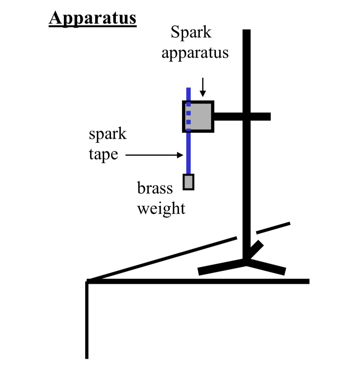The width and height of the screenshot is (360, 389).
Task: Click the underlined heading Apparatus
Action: point(92,18)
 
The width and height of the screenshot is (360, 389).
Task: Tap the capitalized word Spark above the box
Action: point(191,33)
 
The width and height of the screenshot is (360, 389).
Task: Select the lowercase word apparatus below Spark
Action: point(195,53)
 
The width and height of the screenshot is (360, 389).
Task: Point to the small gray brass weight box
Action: point(188,182)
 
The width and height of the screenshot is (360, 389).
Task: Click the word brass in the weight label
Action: point(155,188)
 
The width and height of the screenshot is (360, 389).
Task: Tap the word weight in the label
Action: point(161,208)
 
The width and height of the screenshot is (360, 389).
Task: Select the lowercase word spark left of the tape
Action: point(108,134)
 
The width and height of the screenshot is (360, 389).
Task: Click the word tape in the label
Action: point(103,154)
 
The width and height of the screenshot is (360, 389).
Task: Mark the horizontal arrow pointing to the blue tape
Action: point(154,155)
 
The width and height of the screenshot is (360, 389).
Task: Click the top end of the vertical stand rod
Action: point(246,32)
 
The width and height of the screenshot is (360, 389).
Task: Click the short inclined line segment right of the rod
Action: point(273,228)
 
